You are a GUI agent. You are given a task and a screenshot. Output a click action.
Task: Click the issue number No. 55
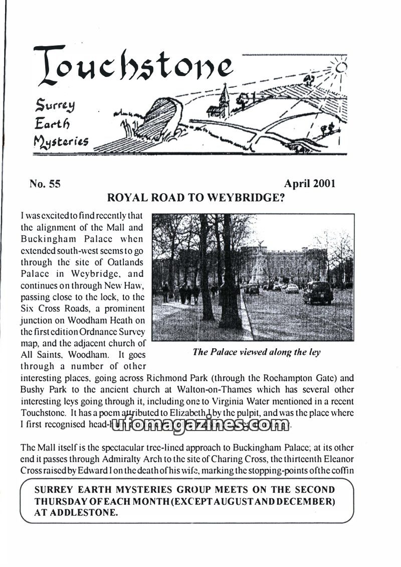pyautogui.click(x=45, y=184)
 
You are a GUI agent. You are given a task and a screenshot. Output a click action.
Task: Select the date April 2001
pyautogui.click(x=309, y=183)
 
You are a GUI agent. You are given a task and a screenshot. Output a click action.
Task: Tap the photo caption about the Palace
pyautogui.click(x=256, y=352)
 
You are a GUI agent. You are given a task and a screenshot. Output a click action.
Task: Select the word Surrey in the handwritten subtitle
pyautogui.click(x=55, y=105)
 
